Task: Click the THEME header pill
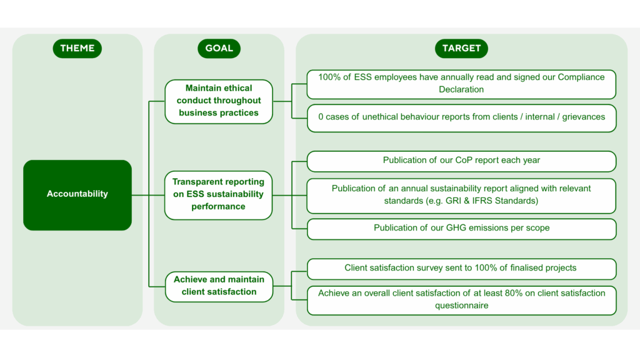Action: [77, 48]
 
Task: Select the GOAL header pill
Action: [219, 48]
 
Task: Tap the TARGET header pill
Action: [461, 48]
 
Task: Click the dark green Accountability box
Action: [77, 194]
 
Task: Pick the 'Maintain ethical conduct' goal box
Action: [219, 101]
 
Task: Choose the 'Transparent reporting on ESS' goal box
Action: [219, 194]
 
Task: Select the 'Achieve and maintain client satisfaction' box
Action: [219, 286]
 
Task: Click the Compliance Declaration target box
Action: [461, 84]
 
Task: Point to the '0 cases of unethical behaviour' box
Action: [461, 117]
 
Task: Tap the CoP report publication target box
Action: [461, 161]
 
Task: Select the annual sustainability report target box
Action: [461, 195]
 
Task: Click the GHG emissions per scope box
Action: [461, 228]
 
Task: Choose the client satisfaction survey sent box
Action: [461, 268]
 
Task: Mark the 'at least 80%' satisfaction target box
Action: [461, 299]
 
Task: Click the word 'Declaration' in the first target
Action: [461, 89]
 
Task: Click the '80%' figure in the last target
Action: [502, 293]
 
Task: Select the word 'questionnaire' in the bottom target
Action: [461, 306]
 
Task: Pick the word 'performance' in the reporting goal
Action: [219, 207]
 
